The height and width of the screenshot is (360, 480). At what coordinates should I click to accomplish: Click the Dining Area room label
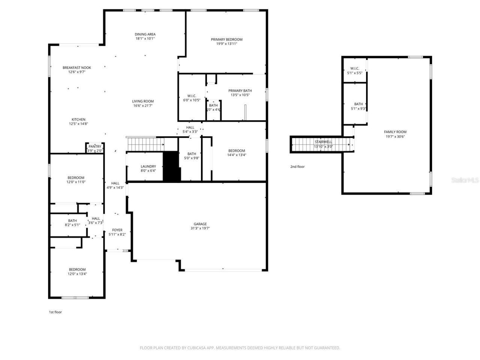[x=145, y=34]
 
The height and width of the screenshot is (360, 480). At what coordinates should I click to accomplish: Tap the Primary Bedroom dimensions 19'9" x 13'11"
[x=226, y=43]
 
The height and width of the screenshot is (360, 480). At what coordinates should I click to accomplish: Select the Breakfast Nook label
[x=76, y=67]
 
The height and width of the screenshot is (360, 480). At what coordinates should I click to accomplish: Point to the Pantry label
[x=95, y=147]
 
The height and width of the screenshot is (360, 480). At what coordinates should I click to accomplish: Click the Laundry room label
[x=148, y=166]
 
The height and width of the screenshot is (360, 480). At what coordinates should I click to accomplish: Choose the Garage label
[x=200, y=224]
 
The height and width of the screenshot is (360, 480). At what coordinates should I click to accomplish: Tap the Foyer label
[x=117, y=230]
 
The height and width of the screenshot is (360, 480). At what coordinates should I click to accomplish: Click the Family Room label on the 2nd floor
[x=395, y=132]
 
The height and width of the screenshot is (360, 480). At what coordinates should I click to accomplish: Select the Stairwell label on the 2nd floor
[x=323, y=142]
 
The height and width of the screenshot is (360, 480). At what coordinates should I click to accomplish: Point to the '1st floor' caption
[x=55, y=312]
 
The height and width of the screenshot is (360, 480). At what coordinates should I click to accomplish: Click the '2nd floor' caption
[x=297, y=166]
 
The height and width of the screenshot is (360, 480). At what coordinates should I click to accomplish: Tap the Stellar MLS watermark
[x=465, y=180]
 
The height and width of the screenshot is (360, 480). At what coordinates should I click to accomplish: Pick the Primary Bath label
[x=240, y=90]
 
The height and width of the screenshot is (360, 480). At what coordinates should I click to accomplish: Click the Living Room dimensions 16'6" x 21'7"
[x=142, y=106]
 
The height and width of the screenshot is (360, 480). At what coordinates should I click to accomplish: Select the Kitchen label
[x=78, y=120]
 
